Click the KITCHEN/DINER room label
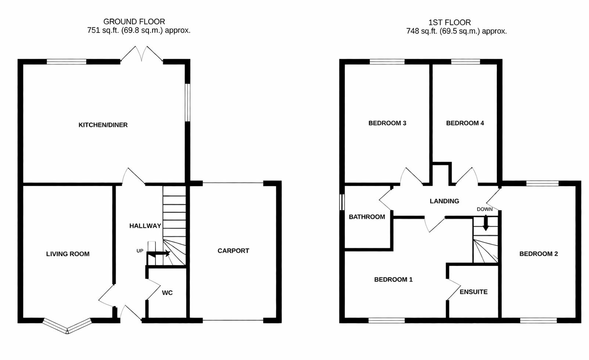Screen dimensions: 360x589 click(x=103, y=125)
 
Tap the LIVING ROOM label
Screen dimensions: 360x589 click(x=68, y=254)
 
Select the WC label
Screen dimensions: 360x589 click(x=167, y=293)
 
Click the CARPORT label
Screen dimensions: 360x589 click(x=233, y=251)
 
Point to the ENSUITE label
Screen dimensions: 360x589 click(x=473, y=292)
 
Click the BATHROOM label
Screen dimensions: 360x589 click(x=367, y=217)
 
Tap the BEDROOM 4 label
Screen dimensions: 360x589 click(x=465, y=123)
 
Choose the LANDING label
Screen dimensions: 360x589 click(x=444, y=201)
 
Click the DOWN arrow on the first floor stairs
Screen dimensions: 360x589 click(x=485, y=223)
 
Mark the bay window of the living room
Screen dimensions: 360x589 click(x=67, y=326)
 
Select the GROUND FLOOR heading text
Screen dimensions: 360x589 click(x=134, y=22)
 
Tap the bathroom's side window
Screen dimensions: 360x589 click(x=342, y=202)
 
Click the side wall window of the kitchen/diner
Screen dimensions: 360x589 click(x=187, y=102)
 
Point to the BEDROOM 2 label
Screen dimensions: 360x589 click(x=538, y=254)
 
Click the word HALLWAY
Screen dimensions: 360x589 click(x=145, y=226)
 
